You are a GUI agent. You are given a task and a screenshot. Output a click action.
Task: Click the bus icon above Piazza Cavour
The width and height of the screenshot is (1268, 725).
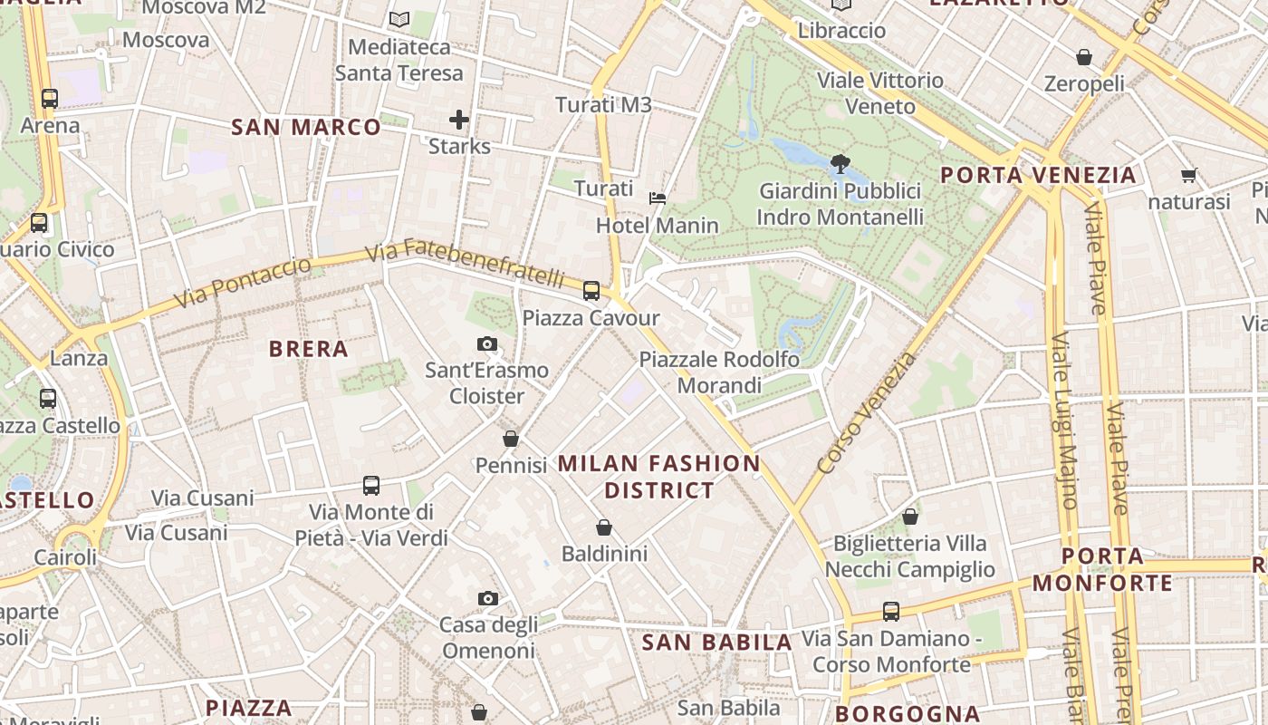(x=591, y=291)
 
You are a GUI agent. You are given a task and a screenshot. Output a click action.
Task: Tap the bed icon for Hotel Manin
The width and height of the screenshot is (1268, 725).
(x=658, y=198)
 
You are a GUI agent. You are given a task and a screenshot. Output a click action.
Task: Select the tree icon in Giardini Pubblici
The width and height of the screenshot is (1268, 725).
(x=840, y=164)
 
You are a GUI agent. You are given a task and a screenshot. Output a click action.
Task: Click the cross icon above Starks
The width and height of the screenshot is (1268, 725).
(x=459, y=120)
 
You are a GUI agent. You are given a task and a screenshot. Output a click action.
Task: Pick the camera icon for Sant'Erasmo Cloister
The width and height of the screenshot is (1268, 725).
(x=487, y=343)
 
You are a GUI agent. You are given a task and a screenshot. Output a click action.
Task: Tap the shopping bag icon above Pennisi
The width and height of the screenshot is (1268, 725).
(x=511, y=439)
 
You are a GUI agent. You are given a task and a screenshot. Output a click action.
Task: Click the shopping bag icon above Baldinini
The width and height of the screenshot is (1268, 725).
(x=604, y=527)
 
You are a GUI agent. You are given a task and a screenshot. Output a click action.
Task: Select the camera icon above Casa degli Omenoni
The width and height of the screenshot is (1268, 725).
(x=488, y=598)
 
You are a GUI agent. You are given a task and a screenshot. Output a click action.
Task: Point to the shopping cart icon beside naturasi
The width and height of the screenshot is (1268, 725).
(x=1188, y=175)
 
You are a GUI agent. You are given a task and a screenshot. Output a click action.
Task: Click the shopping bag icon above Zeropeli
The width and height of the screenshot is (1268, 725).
(x=1084, y=57)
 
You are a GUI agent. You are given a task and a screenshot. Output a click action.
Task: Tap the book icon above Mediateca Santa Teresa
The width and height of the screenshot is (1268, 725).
(x=399, y=19)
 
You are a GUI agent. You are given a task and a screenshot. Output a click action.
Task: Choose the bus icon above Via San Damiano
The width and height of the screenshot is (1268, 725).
(x=891, y=612)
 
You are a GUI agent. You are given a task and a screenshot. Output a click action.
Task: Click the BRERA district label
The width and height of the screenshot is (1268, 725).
(x=309, y=349)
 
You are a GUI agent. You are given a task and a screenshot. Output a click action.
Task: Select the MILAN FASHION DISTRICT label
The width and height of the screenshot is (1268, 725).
(x=659, y=477)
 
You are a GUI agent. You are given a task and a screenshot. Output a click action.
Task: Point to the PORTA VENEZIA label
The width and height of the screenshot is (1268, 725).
(x=1038, y=175)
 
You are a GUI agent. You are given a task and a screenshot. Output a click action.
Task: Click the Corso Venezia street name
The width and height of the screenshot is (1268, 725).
(x=867, y=413)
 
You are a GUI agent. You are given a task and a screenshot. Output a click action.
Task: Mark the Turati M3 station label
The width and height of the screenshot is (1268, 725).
(x=603, y=104)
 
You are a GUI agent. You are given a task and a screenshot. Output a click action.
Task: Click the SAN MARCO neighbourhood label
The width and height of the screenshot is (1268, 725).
(x=306, y=127)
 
